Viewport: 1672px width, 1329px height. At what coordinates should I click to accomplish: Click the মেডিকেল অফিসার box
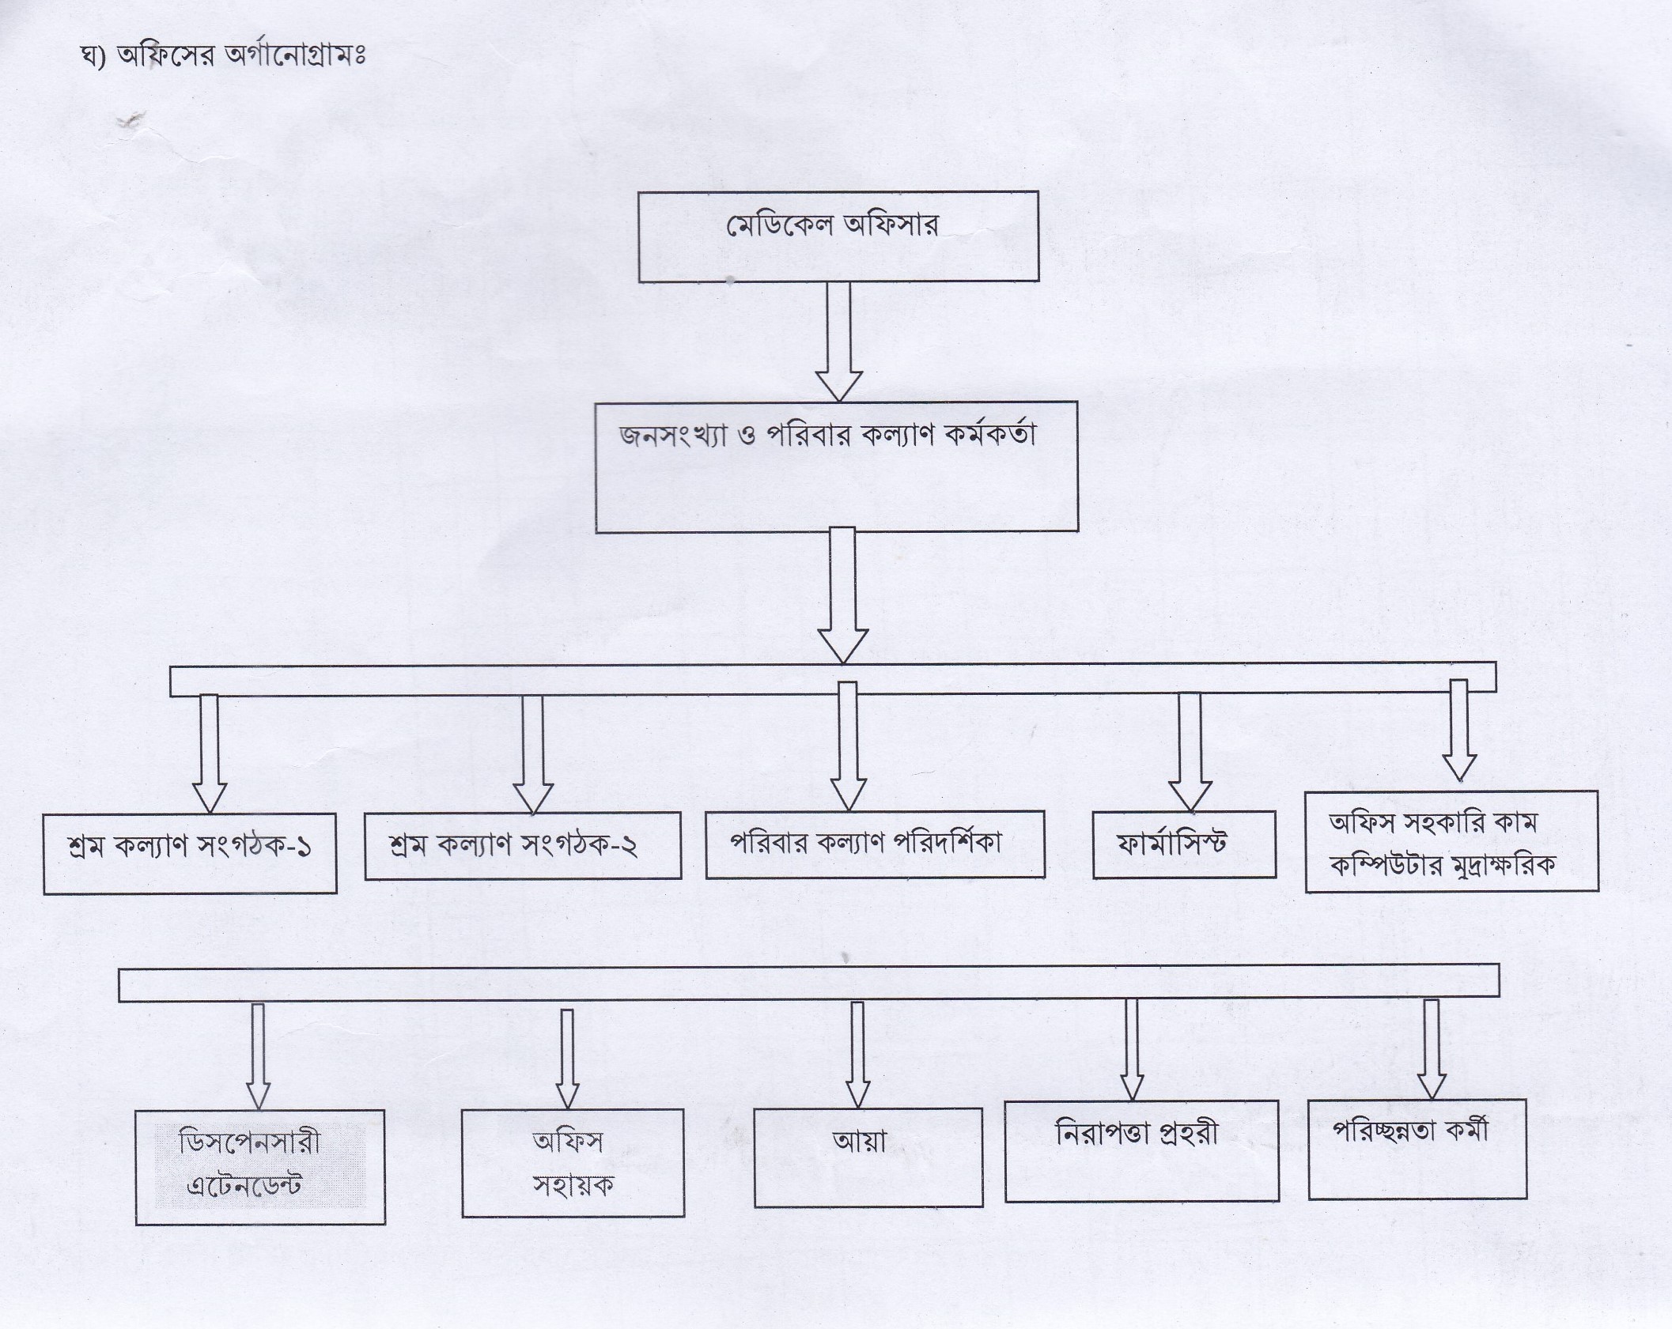(x=838, y=236)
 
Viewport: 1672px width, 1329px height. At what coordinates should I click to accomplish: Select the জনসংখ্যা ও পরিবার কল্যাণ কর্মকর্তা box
(x=837, y=466)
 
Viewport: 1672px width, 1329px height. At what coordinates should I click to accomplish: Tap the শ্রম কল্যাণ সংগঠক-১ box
(x=190, y=853)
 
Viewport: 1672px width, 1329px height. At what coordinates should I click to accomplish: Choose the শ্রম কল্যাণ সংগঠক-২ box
(x=522, y=846)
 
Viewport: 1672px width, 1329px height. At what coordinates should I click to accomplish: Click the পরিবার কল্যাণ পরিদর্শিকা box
(x=875, y=844)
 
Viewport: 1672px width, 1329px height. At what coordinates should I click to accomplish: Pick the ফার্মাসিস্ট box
(x=1184, y=844)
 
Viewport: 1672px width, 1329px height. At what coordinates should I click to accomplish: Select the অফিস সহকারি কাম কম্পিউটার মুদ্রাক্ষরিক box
(x=1451, y=841)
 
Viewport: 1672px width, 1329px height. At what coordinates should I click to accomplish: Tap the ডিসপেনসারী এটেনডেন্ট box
(x=260, y=1166)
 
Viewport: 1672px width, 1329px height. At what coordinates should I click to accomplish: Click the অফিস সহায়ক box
(x=573, y=1162)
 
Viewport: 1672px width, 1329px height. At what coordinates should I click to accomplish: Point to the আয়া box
(x=868, y=1157)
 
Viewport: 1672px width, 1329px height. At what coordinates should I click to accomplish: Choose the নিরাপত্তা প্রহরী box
(x=1141, y=1150)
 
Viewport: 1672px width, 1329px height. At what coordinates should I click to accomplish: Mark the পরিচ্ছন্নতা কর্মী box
(x=1417, y=1148)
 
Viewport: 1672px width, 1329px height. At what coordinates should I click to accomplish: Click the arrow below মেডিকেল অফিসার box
(x=838, y=340)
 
